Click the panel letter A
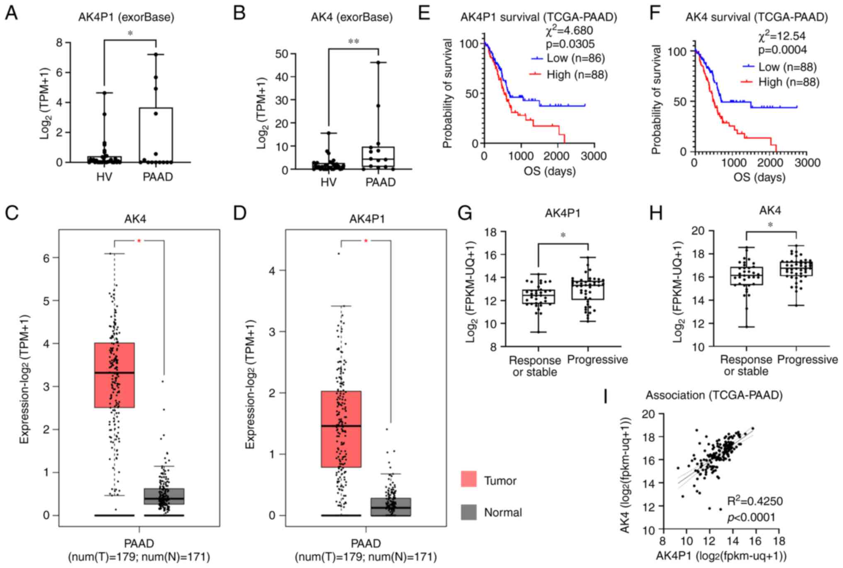11,13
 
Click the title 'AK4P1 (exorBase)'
126,17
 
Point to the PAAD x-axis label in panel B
380,182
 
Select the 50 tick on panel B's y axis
283,53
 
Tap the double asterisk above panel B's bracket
353,41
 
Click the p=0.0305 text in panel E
570,44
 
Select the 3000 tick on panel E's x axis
594,156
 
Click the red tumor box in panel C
115,375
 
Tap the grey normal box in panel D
391,507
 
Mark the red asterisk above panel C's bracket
139,241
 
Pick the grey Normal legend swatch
468,512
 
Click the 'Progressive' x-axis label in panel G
597,360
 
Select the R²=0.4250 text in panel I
755,501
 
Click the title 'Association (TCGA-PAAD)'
714,395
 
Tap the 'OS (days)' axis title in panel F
759,177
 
